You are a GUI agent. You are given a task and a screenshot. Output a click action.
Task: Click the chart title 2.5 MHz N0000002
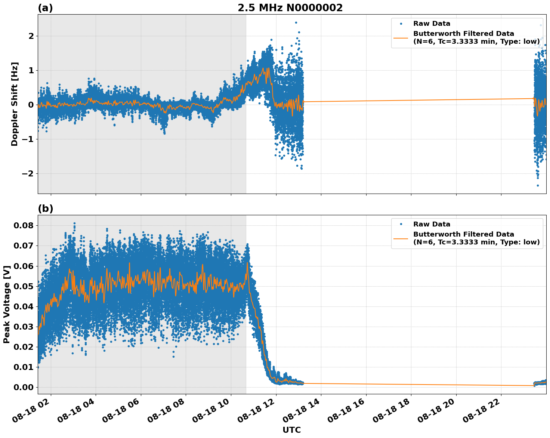(x=290, y=8)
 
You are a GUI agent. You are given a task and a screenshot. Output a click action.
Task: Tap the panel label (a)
(x=45, y=8)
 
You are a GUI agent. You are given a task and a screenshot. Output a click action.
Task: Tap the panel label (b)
(x=45, y=209)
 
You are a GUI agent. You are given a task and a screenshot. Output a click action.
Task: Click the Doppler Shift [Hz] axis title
(x=15, y=104)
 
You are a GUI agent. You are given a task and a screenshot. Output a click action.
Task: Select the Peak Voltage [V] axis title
(x=6, y=304)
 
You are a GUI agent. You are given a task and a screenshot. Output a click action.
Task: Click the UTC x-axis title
(x=291, y=430)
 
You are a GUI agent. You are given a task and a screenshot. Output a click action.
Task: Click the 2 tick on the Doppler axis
(x=31, y=36)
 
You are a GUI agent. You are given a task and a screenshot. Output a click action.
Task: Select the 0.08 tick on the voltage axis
(x=24, y=225)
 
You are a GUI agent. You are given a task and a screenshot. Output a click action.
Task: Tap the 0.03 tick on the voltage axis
(x=24, y=327)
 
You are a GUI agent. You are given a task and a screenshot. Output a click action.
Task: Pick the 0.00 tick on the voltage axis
(x=24, y=387)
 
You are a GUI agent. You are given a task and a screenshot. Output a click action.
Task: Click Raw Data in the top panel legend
(x=432, y=24)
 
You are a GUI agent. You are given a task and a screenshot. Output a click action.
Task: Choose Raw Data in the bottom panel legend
(x=432, y=224)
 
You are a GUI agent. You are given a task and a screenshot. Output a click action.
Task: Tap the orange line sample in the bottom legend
(x=401, y=238)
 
